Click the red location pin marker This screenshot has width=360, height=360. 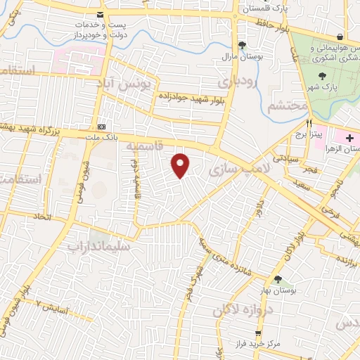click(x=181, y=165)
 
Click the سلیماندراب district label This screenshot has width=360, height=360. click(x=100, y=246)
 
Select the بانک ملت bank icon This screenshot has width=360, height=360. click(x=103, y=127)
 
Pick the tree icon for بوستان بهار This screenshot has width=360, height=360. click(x=278, y=279)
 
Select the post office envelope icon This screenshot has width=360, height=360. click(x=103, y=15)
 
